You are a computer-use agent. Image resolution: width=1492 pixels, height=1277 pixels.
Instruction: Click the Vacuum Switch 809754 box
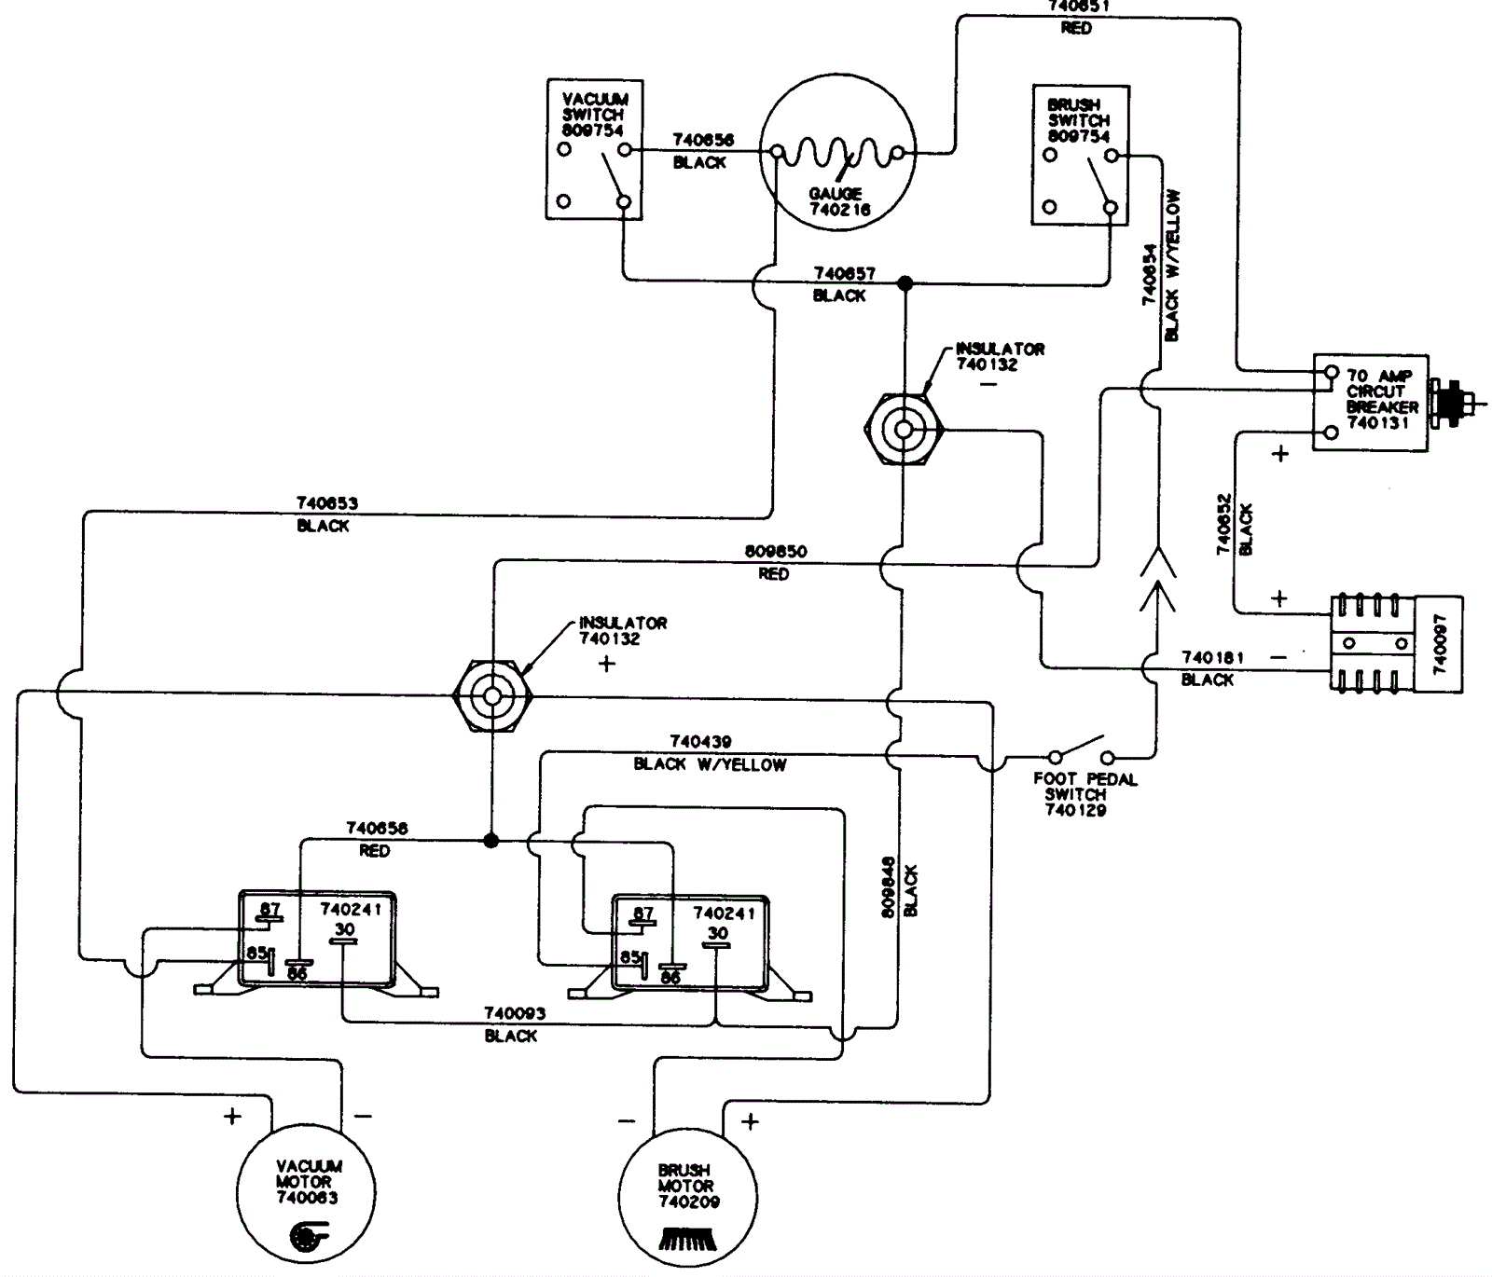(594, 149)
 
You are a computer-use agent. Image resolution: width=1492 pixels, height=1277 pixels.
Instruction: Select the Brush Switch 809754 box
(1081, 155)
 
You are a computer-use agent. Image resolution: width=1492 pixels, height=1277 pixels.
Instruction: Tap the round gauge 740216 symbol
(837, 151)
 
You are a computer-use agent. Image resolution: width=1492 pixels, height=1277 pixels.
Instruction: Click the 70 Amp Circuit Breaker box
(1370, 402)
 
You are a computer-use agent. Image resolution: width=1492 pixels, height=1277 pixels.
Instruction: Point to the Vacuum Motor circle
(307, 1192)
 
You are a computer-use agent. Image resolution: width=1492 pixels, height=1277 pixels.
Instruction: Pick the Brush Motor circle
(686, 1196)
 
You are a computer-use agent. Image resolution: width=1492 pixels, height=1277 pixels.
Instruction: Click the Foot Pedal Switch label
(1084, 794)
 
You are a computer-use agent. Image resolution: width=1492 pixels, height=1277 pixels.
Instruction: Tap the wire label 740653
(326, 503)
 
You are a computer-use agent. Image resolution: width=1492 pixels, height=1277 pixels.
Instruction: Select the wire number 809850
(775, 552)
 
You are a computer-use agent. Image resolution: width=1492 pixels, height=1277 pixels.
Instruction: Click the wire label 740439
(700, 742)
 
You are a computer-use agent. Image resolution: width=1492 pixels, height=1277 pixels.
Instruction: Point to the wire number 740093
(514, 1013)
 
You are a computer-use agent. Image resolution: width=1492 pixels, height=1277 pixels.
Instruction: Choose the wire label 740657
(844, 274)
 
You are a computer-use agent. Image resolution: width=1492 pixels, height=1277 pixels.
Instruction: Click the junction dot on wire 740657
(904, 282)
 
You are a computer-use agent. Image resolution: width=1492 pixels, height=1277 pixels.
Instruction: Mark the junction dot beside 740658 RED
(491, 841)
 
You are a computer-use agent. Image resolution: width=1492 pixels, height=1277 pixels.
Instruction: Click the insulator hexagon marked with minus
(903, 430)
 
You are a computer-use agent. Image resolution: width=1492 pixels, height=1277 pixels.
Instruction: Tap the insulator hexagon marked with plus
(491, 694)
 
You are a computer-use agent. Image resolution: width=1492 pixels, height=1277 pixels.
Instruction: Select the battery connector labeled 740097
(1396, 644)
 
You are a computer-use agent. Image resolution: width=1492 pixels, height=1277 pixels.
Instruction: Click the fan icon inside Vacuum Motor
(304, 1237)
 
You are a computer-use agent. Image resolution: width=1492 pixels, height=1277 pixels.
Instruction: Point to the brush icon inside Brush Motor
(686, 1239)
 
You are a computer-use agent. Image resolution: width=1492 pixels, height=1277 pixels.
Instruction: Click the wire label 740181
(1212, 658)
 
